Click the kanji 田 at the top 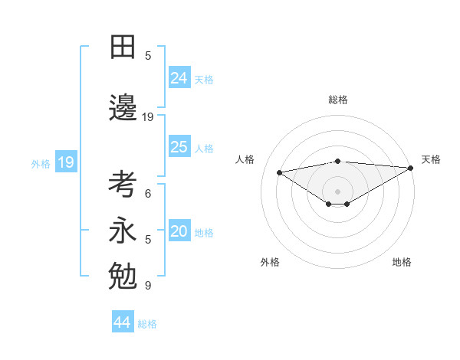point(123,47)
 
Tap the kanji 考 point(123,185)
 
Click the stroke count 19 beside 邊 point(148,117)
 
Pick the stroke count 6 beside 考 point(148,194)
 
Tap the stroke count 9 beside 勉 point(148,286)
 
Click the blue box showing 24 point(179,77)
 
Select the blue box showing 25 point(179,147)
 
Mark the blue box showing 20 point(179,231)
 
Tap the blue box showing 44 point(123,322)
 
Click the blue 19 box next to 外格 point(65,162)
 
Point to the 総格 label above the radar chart point(337,100)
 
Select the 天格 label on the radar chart point(431,159)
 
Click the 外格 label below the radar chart point(270,262)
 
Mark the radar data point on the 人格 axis point(280,172)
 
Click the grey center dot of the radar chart point(337,191)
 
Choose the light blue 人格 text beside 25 point(204,149)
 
